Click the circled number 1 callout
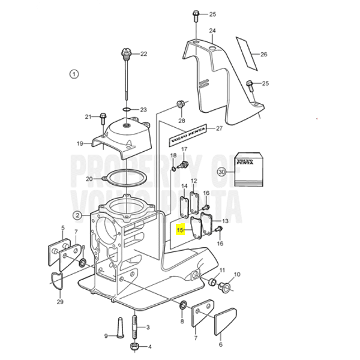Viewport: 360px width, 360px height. coord(74,74)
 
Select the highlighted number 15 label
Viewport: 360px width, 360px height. coord(180,230)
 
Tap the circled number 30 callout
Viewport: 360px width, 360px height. coord(221,172)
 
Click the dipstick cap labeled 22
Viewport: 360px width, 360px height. coord(126,53)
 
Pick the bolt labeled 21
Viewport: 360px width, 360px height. coord(103,118)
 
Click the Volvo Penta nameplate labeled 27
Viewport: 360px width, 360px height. coord(188,135)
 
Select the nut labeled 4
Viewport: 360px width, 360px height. coord(134,347)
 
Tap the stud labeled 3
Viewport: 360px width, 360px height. coord(135,326)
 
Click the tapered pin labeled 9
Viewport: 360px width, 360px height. coord(120,328)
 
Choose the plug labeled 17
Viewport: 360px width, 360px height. coord(184,164)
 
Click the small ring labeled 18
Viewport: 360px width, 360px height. coord(173,169)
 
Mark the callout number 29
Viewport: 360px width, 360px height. coord(60,302)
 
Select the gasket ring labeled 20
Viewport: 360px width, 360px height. coord(125,178)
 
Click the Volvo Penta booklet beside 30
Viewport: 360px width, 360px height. coord(248,169)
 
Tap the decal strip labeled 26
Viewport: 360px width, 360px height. coord(247,53)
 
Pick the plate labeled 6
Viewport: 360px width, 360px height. coord(226,322)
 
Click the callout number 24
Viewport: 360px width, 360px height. coord(212,31)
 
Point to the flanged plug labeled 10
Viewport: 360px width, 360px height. coord(224,287)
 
